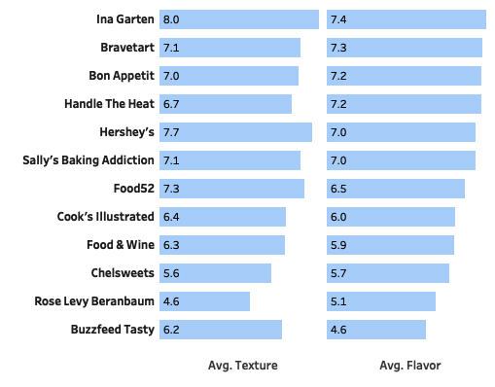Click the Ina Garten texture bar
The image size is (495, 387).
[239, 19]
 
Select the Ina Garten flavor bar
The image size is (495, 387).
[407, 19]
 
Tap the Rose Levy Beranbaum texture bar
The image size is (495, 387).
[204, 301]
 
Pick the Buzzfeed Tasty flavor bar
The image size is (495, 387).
[376, 330]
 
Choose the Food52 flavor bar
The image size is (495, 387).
[396, 189]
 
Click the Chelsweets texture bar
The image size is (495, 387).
[216, 273]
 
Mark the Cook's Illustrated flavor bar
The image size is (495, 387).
[391, 217]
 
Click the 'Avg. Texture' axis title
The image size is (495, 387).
[242, 366]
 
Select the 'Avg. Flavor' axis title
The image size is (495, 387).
[409, 366]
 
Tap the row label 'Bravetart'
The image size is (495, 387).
[127, 48]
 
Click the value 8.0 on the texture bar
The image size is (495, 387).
[171, 19]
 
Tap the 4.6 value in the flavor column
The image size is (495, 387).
[338, 330]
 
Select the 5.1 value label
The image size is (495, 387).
[338, 301]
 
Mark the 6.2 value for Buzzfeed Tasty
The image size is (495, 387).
[171, 330]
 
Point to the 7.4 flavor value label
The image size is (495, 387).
[338, 19]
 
